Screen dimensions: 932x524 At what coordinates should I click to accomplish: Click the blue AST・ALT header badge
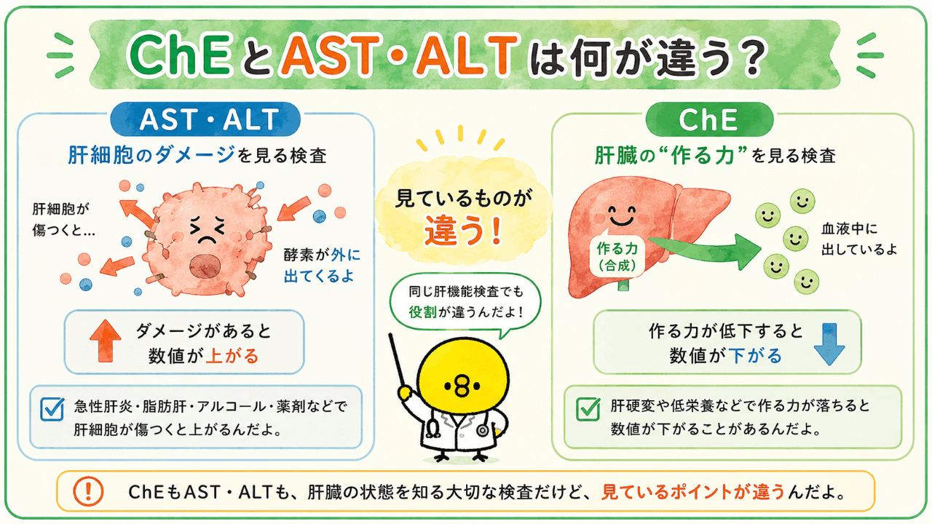pyautogui.click(x=205, y=119)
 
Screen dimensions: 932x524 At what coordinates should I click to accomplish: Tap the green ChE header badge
pyautogui.click(x=709, y=120)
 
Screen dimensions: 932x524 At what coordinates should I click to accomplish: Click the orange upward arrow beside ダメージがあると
pyautogui.click(x=106, y=341)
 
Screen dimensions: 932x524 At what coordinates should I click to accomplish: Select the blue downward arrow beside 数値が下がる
pyautogui.click(x=829, y=344)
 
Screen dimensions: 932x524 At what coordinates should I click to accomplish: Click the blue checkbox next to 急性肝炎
pyautogui.click(x=52, y=409)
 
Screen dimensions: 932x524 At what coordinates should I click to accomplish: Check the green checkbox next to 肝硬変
pyautogui.click(x=588, y=409)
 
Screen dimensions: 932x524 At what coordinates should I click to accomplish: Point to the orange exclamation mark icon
pyautogui.click(x=88, y=491)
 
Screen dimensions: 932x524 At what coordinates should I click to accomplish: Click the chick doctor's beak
pyautogui.click(x=462, y=386)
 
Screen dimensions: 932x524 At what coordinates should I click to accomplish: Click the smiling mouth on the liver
pyautogui.click(x=622, y=219)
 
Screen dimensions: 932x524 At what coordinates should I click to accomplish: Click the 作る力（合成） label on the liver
pyautogui.click(x=617, y=256)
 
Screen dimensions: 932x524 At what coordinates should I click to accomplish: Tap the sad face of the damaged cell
pyautogui.click(x=208, y=231)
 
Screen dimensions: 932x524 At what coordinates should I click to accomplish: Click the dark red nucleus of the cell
pyautogui.click(x=205, y=266)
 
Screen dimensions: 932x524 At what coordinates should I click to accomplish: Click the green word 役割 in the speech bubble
pyautogui.click(x=422, y=312)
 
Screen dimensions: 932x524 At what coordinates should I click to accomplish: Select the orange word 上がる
pyautogui.click(x=232, y=357)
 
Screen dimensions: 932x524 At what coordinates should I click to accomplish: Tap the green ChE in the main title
pyautogui.click(x=180, y=55)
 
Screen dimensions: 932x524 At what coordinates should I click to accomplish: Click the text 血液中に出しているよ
pyautogui.click(x=858, y=239)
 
